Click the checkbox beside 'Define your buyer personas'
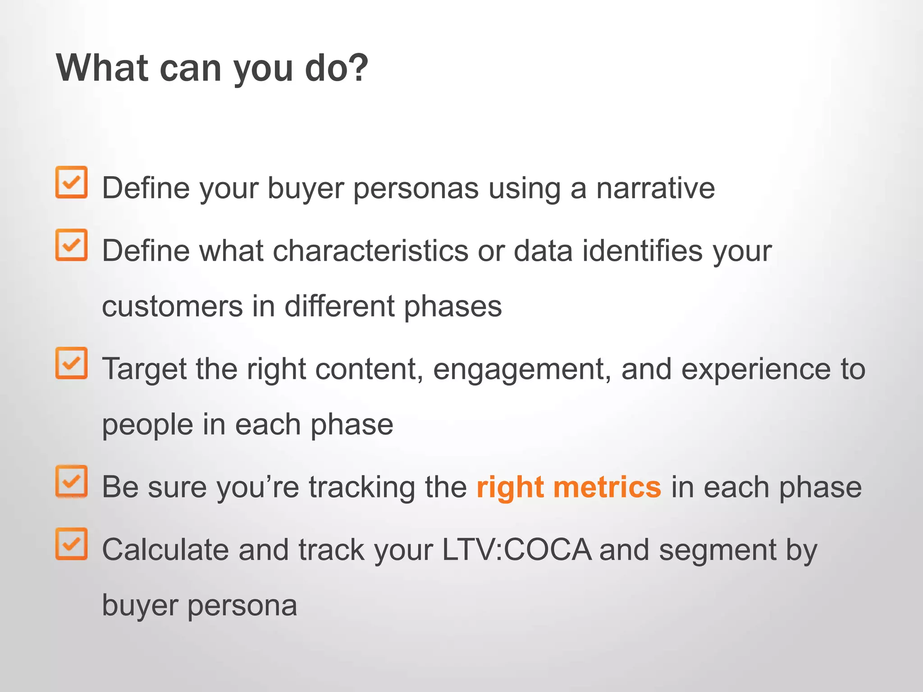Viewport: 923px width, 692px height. coord(71,182)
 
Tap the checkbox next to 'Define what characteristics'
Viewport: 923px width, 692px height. coord(71,245)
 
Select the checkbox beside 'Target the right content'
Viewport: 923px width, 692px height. coord(71,363)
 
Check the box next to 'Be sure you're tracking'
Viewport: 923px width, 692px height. coord(71,481)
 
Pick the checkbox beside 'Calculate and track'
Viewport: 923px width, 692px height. coord(71,544)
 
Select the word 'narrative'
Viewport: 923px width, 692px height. coord(655,188)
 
